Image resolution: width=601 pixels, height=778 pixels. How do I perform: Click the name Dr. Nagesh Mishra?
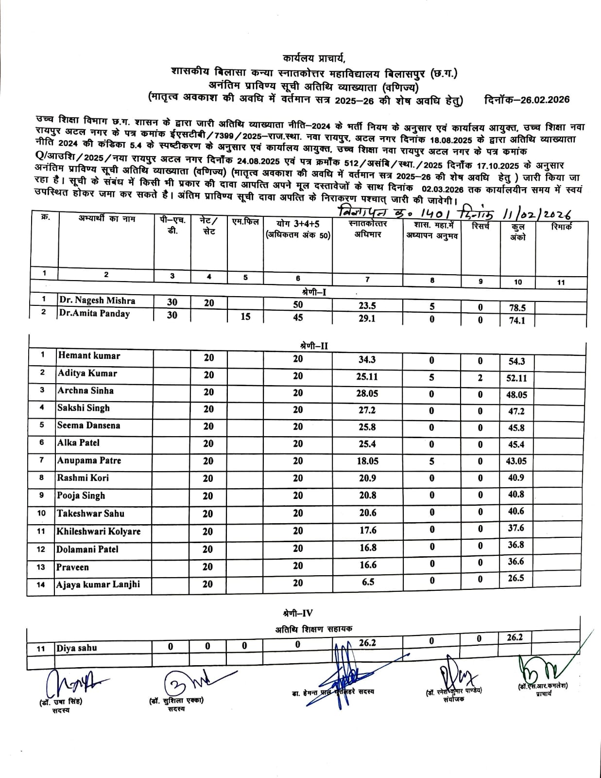point(97,301)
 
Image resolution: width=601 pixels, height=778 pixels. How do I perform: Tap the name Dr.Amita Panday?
point(94,314)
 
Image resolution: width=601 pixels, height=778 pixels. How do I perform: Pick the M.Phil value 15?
point(245,317)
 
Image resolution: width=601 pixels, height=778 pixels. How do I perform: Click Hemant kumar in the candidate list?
point(89,356)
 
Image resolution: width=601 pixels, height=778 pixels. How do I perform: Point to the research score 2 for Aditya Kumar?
point(480,378)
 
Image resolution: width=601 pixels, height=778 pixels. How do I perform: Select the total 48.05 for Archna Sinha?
point(516,395)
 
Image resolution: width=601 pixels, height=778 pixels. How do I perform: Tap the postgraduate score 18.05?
point(367,461)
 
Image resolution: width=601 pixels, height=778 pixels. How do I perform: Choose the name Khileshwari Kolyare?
point(99,531)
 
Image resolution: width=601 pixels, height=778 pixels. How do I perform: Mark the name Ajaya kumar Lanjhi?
point(98,584)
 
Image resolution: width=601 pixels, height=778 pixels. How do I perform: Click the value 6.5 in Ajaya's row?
point(368,582)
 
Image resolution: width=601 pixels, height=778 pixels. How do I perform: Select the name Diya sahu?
point(77,648)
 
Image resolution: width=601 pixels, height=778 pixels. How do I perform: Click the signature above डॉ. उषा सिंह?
point(70,684)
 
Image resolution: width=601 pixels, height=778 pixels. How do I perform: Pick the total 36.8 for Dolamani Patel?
point(516,545)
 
